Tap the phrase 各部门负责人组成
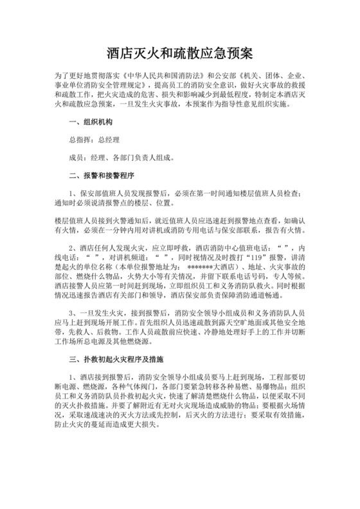pos(139,156)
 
